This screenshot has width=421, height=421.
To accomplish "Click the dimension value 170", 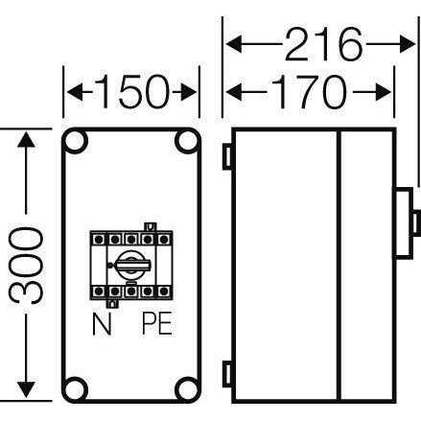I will click(308, 92).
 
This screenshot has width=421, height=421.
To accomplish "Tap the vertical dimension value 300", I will click(32, 266).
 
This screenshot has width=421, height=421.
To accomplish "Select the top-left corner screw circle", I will click(77, 143).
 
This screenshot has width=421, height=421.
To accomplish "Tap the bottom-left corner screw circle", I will click(77, 389).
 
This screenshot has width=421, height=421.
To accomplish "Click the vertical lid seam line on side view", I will click(341, 264).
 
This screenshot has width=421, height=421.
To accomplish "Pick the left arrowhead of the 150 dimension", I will click(71, 93).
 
